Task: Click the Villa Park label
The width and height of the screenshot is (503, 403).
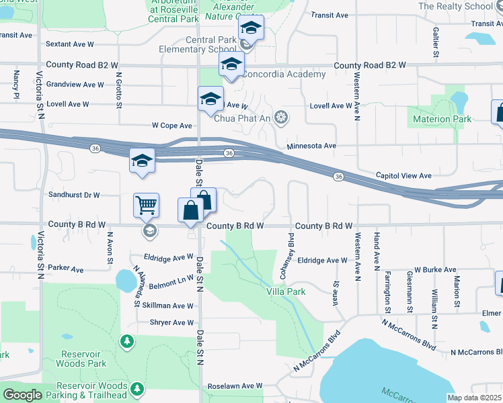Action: click(286, 292)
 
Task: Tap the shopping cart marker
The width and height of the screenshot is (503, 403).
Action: click(146, 205)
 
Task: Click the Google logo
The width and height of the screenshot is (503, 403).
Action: click(22, 395)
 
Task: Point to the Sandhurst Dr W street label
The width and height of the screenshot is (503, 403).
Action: click(74, 195)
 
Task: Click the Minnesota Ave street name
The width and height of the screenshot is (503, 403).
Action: click(311, 146)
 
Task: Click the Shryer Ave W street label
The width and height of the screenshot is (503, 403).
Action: click(171, 322)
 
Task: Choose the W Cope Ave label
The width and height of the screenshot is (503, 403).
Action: click(172, 126)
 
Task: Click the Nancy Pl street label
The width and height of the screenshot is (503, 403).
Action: click(15, 86)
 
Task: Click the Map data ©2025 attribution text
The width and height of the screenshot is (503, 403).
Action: click(474, 398)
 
